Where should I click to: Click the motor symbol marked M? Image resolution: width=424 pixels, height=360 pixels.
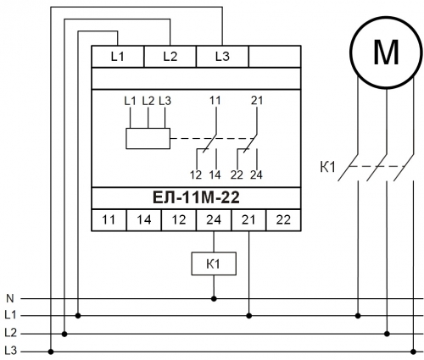coord(386,53)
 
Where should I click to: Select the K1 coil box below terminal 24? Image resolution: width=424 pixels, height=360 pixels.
coord(214,263)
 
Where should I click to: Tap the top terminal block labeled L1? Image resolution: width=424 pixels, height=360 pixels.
coord(118,57)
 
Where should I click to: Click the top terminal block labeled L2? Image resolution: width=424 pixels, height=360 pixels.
coord(170,57)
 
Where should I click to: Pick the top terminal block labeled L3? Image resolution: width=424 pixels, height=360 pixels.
coord(222,57)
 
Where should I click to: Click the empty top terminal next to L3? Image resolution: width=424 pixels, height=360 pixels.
coord(275,57)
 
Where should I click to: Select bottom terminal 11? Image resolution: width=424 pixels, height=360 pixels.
coord(109,220)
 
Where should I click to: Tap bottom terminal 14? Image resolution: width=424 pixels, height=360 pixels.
coord(144,220)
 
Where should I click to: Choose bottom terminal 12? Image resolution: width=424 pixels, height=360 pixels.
coord(179,220)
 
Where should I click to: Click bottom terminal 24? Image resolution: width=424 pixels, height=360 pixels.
coord(214,220)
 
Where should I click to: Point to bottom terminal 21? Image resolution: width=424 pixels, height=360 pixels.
coord(248,220)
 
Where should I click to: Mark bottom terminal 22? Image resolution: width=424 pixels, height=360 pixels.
coord(283,220)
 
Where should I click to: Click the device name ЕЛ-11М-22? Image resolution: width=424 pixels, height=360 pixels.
coord(196,197)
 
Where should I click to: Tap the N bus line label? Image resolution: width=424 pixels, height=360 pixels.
coord(10,298)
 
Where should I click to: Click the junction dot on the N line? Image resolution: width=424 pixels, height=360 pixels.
coord(214,298)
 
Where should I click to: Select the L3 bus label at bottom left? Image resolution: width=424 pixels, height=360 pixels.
coord(11,351)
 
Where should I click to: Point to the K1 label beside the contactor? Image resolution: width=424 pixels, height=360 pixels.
coord(327,167)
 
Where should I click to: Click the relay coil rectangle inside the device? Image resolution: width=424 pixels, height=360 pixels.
coord(148,138)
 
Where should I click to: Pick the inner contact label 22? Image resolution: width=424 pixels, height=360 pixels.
coord(237,175)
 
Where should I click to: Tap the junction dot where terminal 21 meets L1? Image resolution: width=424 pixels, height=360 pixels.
coord(248,316)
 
